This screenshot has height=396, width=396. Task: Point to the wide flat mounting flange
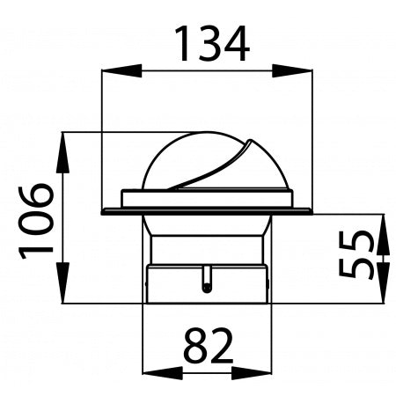pos(207,210)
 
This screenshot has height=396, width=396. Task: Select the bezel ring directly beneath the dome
pos(207,195)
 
